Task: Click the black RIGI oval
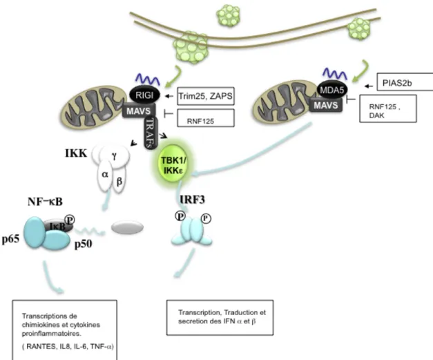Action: (x=144, y=95)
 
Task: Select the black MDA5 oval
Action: (x=332, y=90)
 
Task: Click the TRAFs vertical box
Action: (x=151, y=133)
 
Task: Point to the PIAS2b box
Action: (x=405, y=82)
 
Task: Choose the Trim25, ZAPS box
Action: (x=206, y=96)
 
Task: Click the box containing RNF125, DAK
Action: (x=387, y=108)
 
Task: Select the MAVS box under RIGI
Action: (x=139, y=111)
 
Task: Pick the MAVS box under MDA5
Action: (x=325, y=105)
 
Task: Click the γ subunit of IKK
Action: (x=115, y=156)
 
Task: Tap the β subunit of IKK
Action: (x=119, y=181)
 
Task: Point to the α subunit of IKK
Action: (x=105, y=175)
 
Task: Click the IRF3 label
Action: (x=192, y=200)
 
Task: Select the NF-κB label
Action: (x=45, y=202)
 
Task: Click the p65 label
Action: (x=11, y=238)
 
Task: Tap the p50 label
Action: (x=83, y=244)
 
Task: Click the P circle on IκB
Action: (x=70, y=220)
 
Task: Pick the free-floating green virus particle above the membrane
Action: (x=228, y=15)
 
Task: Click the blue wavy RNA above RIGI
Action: (x=148, y=79)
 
